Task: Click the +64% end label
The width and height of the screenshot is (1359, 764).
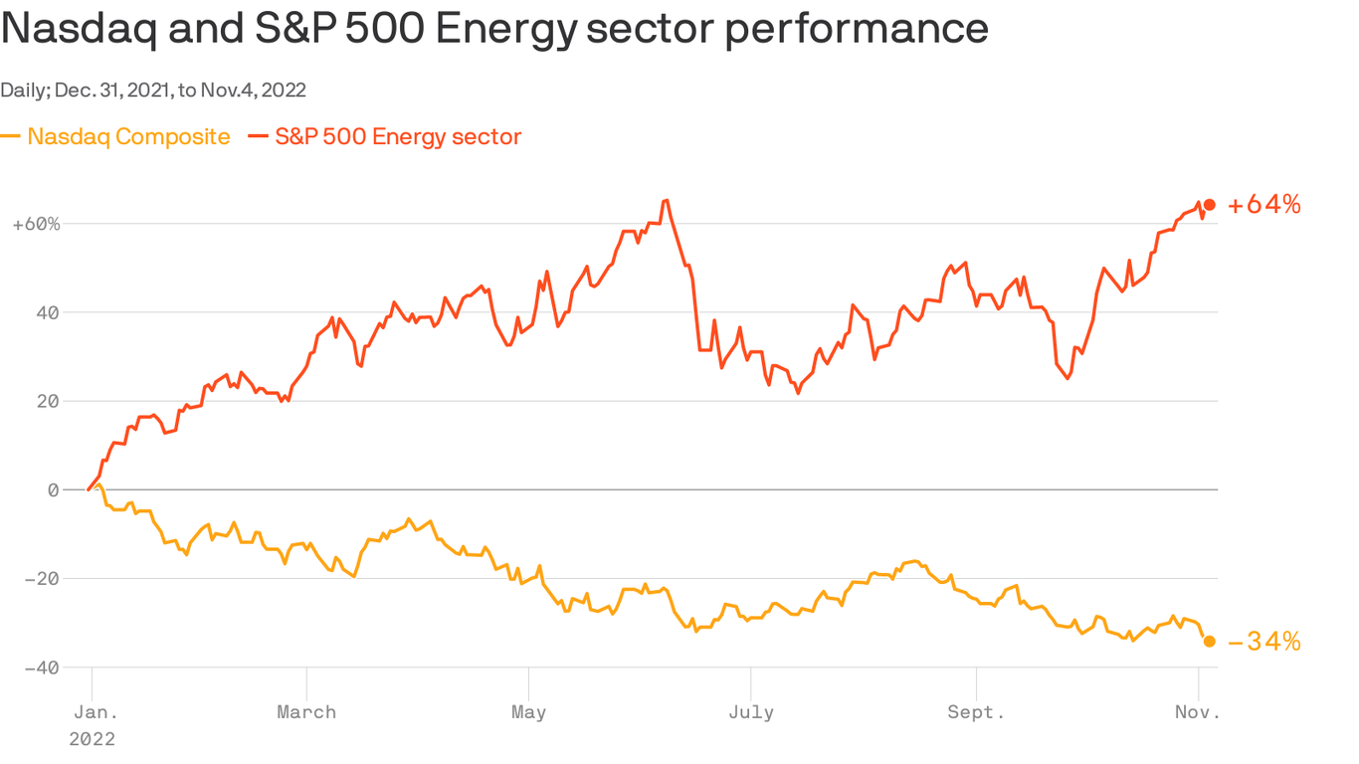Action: [x=1263, y=205]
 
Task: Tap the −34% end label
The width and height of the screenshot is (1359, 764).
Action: [x=1263, y=642]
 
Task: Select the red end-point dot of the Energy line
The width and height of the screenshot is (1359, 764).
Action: [x=1210, y=205]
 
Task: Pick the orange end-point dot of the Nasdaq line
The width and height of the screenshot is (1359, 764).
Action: [x=1210, y=642]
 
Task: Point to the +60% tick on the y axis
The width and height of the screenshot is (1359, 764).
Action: [x=37, y=224]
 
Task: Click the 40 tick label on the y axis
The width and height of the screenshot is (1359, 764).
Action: [x=46, y=312]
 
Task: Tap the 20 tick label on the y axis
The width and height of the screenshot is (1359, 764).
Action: [x=46, y=401]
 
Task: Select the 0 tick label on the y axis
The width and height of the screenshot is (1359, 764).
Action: [x=53, y=489]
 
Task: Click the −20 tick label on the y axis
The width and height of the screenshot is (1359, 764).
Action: [x=41, y=578]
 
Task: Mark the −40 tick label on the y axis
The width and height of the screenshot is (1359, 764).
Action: [x=41, y=668]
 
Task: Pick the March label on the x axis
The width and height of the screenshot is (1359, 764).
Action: [x=306, y=712]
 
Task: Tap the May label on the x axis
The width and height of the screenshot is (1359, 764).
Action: [x=528, y=712]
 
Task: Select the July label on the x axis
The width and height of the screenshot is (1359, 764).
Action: [x=750, y=712]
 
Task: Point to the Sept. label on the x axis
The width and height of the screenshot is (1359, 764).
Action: [x=976, y=712]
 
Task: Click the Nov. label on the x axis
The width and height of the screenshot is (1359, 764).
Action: [x=1197, y=712]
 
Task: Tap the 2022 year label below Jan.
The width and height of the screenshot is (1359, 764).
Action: [x=92, y=739]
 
